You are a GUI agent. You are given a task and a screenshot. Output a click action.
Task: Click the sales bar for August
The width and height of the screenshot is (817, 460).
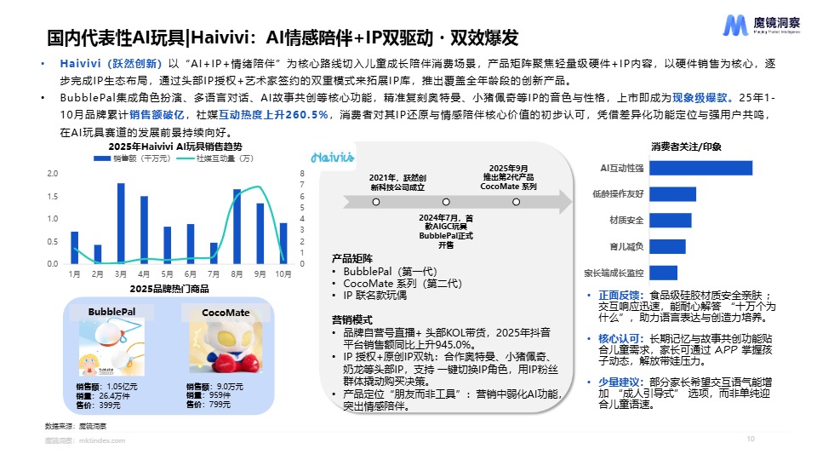tap(237, 227)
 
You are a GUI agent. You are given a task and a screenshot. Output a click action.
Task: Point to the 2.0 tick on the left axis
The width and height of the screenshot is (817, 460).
tap(52, 174)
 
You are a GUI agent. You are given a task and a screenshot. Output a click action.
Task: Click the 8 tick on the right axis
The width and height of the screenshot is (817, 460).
tap(302, 174)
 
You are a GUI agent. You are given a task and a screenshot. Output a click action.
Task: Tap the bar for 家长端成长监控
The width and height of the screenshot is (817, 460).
tap(664, 273)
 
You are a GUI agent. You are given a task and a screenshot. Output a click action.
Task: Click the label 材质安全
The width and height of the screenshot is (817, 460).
tap(626, 221)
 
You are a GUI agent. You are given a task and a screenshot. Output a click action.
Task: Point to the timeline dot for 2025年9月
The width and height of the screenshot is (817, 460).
tap(516, 202)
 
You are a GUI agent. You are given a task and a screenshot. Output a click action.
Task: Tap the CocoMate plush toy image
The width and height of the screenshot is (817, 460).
tap(225, 350)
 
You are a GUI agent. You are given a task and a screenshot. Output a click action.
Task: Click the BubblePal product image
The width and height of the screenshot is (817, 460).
tap(111, 349)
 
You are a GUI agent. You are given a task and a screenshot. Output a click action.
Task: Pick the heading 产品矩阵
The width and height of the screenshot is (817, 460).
tap(351, 259)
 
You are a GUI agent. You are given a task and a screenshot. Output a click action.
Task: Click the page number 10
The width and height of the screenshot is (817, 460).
tap(750, 439)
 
